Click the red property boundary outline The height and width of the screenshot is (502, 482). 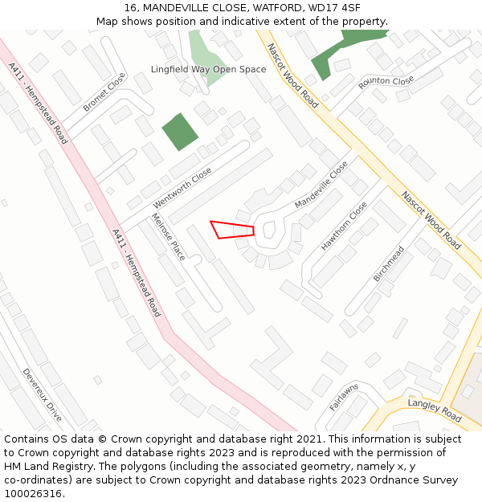point(231,229)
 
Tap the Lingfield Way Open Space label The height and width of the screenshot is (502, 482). point(208,69)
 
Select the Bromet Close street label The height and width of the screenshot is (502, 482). point(104,92)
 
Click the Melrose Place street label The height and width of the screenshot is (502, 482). point(168,237)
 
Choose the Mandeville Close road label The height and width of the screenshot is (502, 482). point(321,185)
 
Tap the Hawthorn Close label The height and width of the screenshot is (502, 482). point(344,226)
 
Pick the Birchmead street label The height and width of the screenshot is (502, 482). point(388,263)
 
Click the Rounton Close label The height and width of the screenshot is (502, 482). point(386,83)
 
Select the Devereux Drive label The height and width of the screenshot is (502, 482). point(42,394)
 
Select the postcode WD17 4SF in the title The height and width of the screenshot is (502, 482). point(333,7)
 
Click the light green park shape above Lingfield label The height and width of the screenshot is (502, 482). point(207,48)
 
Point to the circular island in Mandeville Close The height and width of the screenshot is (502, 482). point(269,231)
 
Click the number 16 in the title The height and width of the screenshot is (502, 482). point(130,7)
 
